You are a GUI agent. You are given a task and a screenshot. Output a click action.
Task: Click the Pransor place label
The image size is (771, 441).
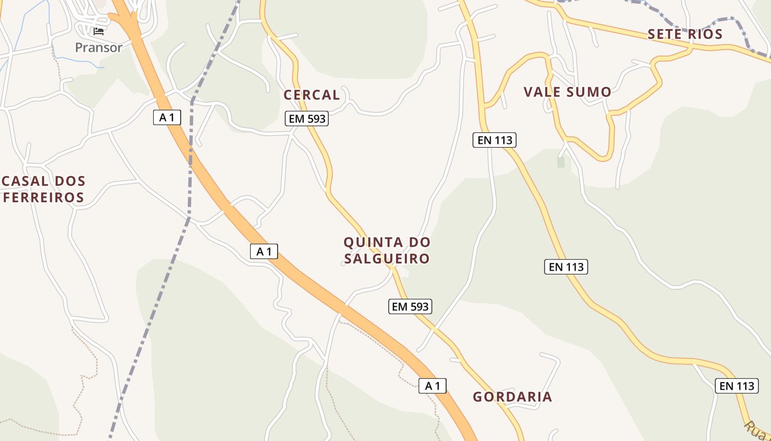tap(99, 47)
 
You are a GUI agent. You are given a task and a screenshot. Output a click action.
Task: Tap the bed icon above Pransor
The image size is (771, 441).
tap(99, 31)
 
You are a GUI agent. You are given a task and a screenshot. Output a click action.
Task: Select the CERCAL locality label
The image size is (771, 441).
tap(312, 95)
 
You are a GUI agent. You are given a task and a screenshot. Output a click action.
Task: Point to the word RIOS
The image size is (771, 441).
tap(705, 34)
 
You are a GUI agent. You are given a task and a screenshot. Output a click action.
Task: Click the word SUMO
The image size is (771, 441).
tap(590, 92)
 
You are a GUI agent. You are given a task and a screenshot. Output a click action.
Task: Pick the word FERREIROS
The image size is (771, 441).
tap(44, 197)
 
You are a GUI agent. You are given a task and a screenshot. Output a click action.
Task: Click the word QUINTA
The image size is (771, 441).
tap(371, 242)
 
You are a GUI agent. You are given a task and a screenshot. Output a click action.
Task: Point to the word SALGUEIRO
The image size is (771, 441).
tap(387, 259)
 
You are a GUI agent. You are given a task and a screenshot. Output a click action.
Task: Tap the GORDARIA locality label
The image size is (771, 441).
tap(512, 397)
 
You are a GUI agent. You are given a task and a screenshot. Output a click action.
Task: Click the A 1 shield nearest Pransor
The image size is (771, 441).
tap(167, 117)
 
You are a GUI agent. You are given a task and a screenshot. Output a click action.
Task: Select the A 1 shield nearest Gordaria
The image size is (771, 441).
tap(432, 386)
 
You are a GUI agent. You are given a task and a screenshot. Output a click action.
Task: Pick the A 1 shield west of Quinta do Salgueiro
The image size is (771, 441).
tap(264, 251)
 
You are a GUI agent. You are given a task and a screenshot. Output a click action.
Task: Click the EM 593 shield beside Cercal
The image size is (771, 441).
tap(307, 119)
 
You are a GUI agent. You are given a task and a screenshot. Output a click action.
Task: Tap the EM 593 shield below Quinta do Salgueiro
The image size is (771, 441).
tap(410, 306)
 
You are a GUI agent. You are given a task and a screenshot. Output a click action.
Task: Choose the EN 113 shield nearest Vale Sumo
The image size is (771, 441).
tap(494, 140)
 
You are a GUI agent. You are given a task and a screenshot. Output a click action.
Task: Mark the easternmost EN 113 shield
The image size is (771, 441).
tap(737, 386)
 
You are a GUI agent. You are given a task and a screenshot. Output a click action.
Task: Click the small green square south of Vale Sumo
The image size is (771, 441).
tap(561, 162)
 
